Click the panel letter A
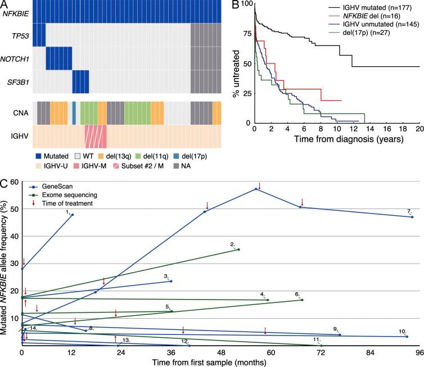tap(4, 4)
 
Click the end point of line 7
tap(412, 217)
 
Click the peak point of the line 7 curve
tap(256, 189)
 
